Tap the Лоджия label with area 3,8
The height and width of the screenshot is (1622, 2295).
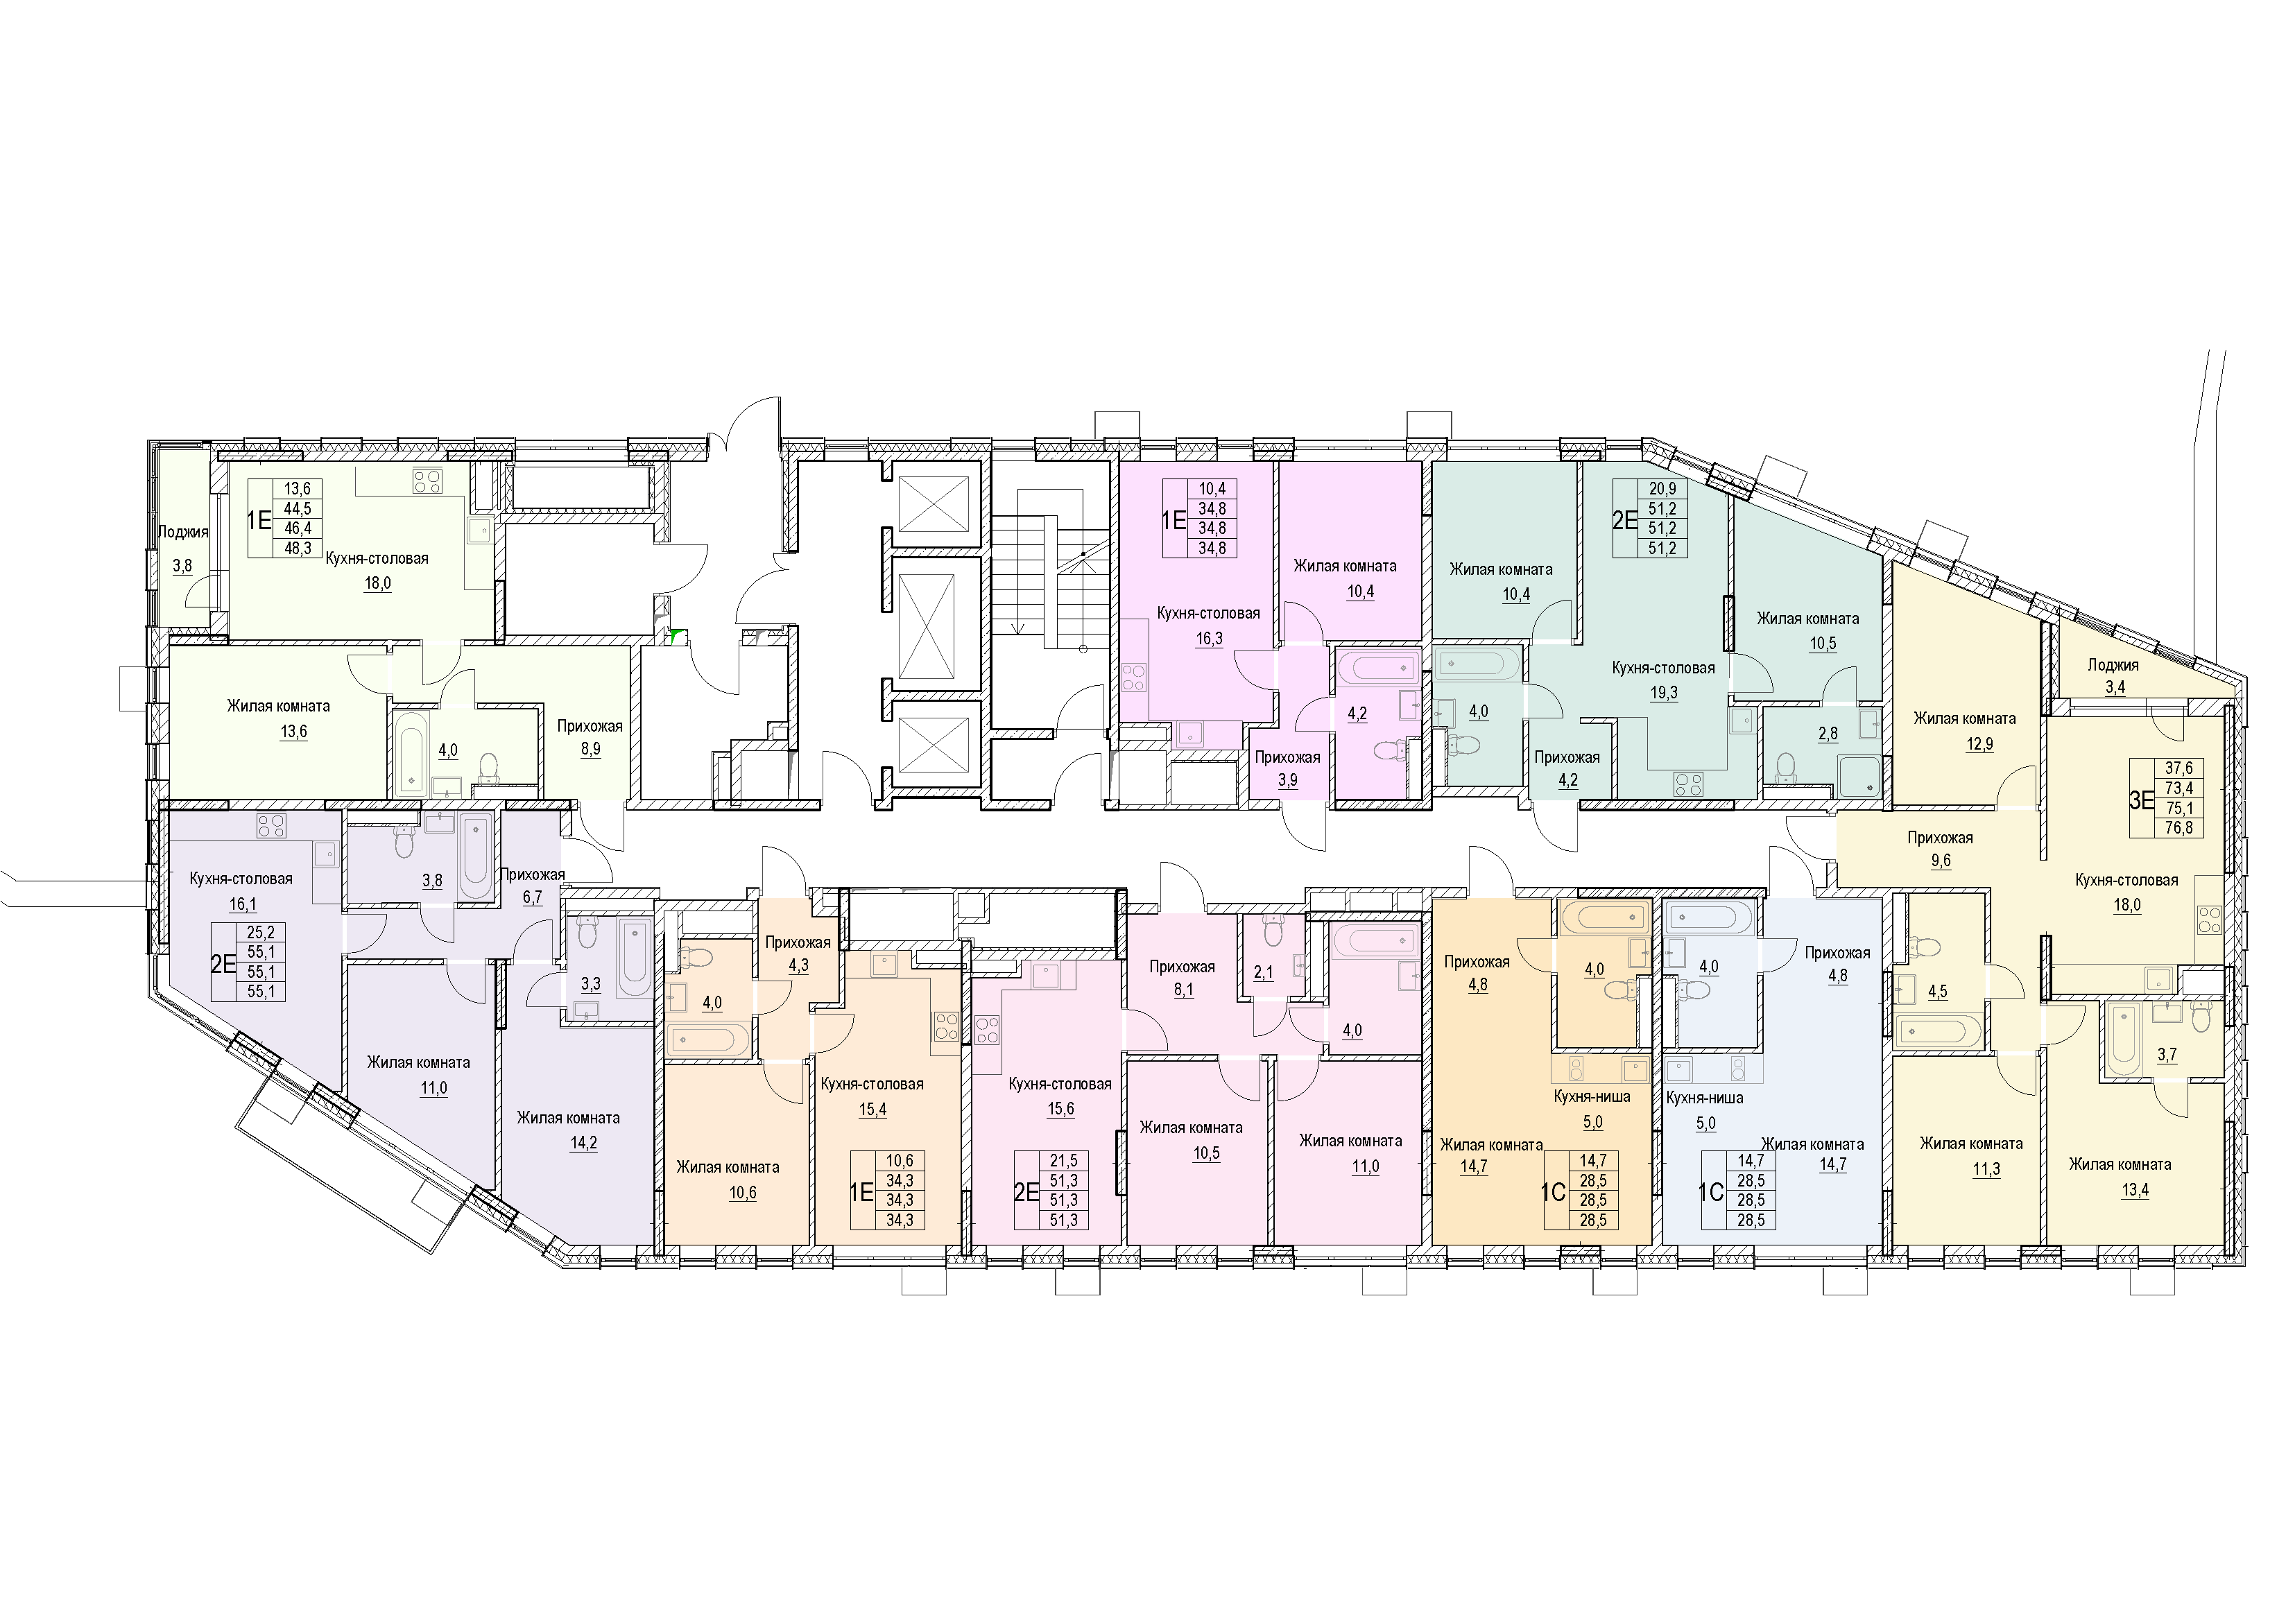pos(183,532)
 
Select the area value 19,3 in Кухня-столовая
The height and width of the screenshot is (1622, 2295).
pos(1663,693)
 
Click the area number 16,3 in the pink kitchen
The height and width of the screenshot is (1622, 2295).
pos(1208,639)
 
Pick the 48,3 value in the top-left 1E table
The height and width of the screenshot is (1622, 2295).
pos(298,548)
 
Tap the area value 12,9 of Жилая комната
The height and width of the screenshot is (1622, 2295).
pos(1978,743)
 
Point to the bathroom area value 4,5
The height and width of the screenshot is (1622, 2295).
pos(1937,992)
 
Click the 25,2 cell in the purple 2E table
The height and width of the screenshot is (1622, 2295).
pos(260,933)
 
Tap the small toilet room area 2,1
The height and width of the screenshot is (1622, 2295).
pos(1264,972)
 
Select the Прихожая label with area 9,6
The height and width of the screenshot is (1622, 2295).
pos(1939,838)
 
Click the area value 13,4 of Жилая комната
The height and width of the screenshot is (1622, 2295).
pos(2134,1189)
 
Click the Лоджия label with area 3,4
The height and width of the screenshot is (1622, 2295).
pos(2113,664)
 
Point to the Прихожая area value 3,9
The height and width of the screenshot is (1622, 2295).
pos(1287,782)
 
